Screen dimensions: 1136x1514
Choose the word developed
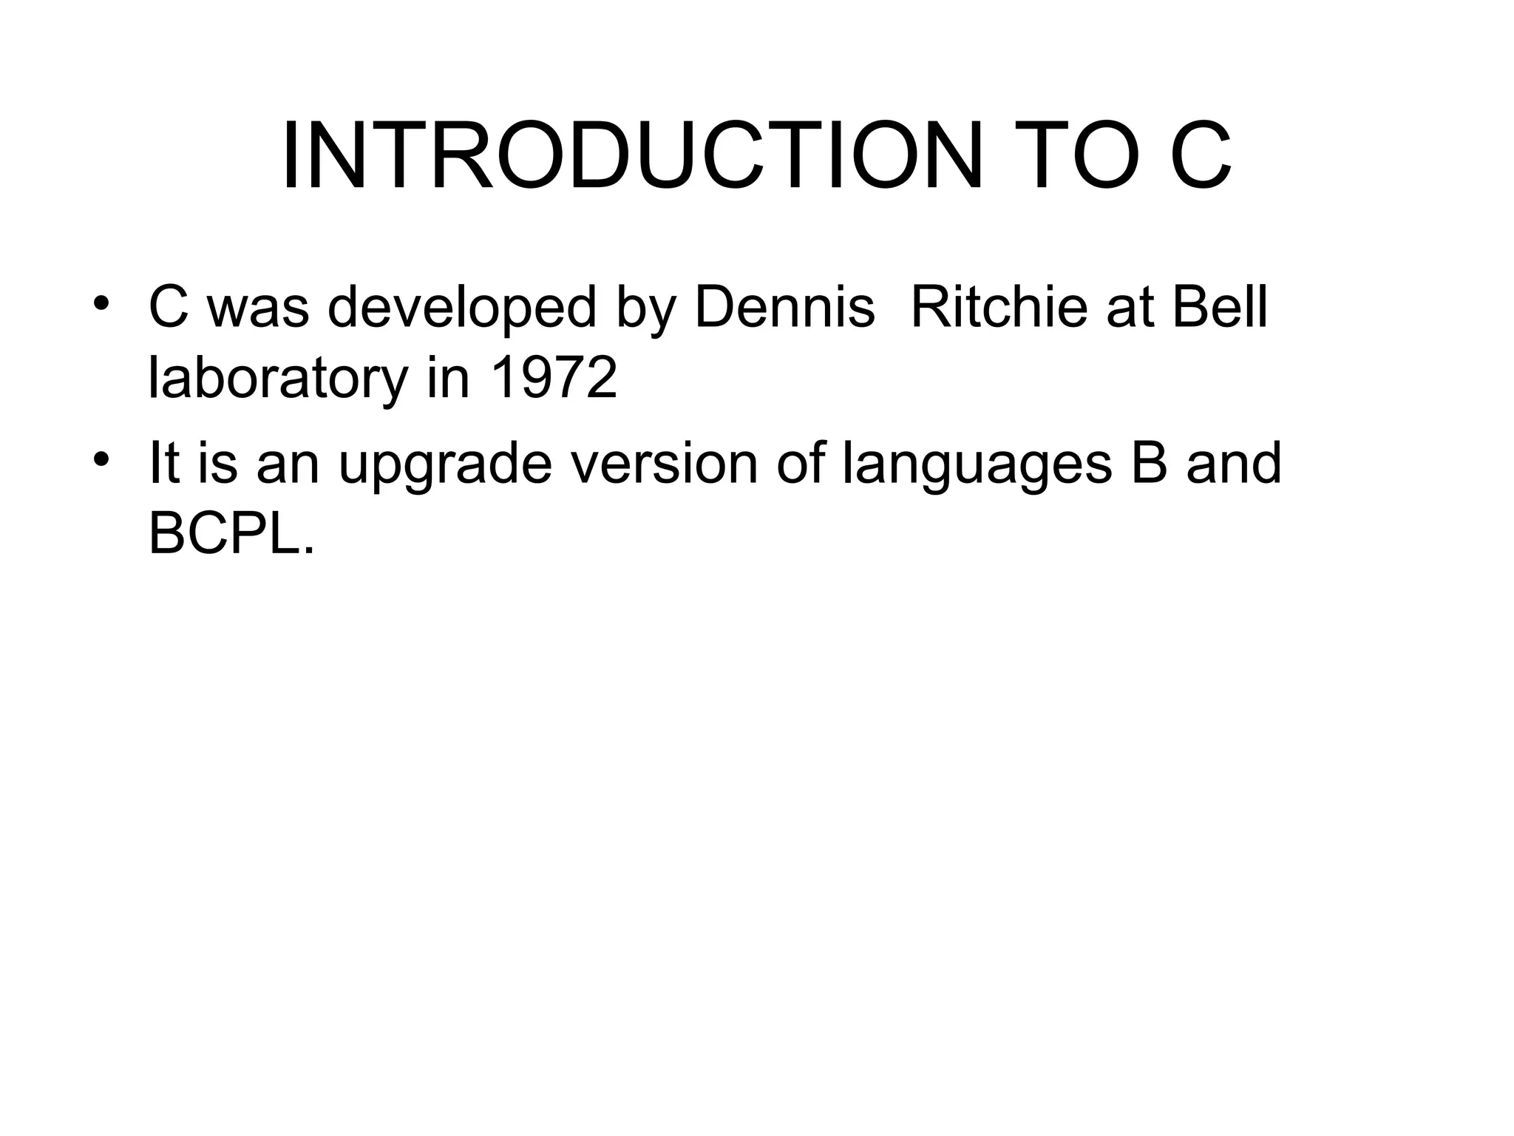pyautogui.click(x=461, y=308)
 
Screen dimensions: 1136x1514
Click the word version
pyautogui.click(x=666, y=463)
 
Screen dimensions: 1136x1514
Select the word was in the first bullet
pyautogui.click(x=258, y=308)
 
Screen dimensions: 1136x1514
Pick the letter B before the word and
pyautogui.click(x=1149, y=463)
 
